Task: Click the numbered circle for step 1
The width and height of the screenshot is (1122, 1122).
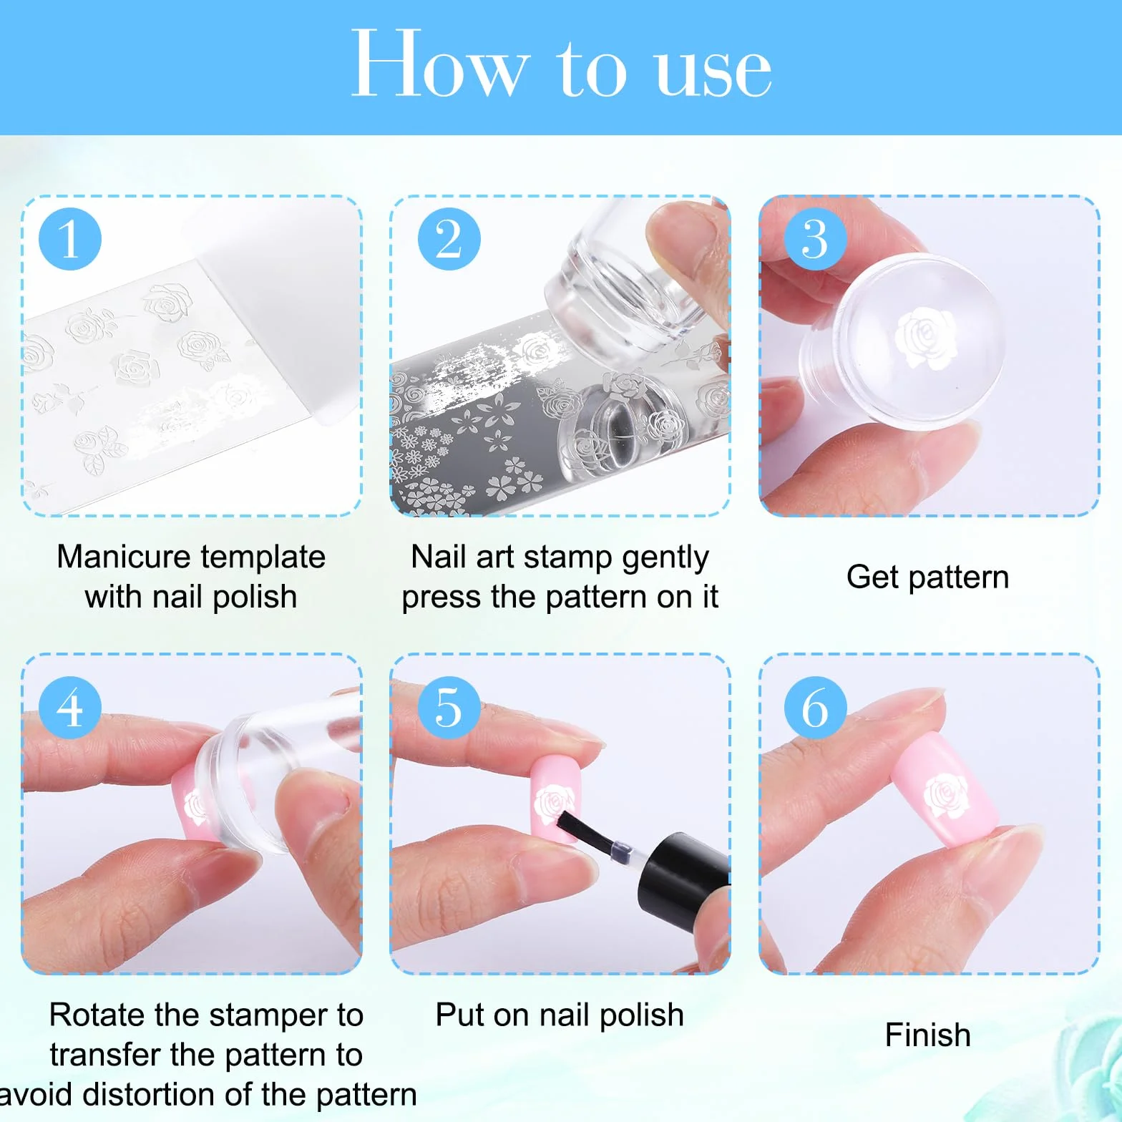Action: (70, 239)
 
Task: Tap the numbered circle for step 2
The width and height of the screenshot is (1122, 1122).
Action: (449, 239)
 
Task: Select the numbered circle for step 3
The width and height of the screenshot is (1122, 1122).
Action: (816, 239)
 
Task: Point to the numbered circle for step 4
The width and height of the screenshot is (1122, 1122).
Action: (70, 708)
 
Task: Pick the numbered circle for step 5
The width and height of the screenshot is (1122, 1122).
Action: (449, 708)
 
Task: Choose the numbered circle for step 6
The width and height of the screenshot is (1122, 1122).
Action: (816, 708)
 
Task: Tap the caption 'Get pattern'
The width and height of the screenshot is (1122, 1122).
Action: (927, 577)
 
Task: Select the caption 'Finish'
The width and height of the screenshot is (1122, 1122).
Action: (927, 1035)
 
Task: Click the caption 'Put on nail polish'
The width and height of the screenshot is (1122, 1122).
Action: (560, 1015)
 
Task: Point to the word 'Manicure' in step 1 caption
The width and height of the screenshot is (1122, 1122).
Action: (124, 557)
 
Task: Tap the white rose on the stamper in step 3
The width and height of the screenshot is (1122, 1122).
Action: (925, 338)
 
